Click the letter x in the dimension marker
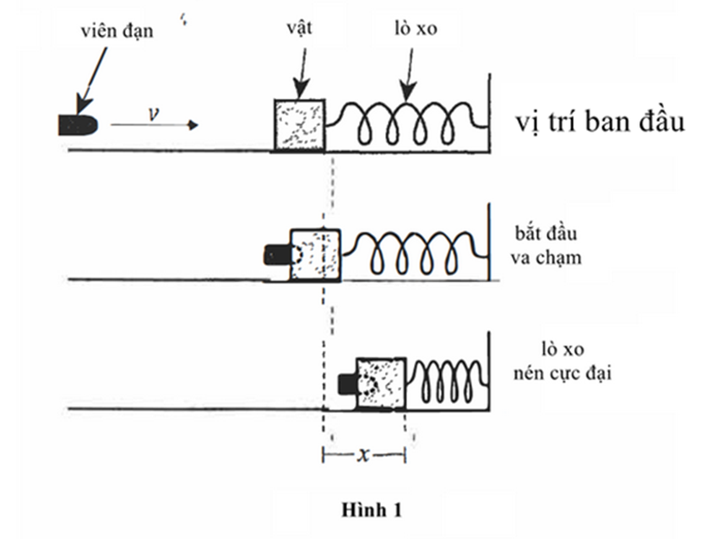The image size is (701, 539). click(x=364, y=453)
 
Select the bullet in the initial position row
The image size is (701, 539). click(x=77, y=124)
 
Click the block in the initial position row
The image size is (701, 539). click(x=298, y=124)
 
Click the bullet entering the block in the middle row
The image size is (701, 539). click(x=277, y=253)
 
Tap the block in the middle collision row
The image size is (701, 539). click(x=314, y=253)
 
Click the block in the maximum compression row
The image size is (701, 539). click(x=380, y=384)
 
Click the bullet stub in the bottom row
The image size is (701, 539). click(x=346, y=384)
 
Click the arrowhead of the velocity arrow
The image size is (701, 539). click(x=193, y=125)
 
